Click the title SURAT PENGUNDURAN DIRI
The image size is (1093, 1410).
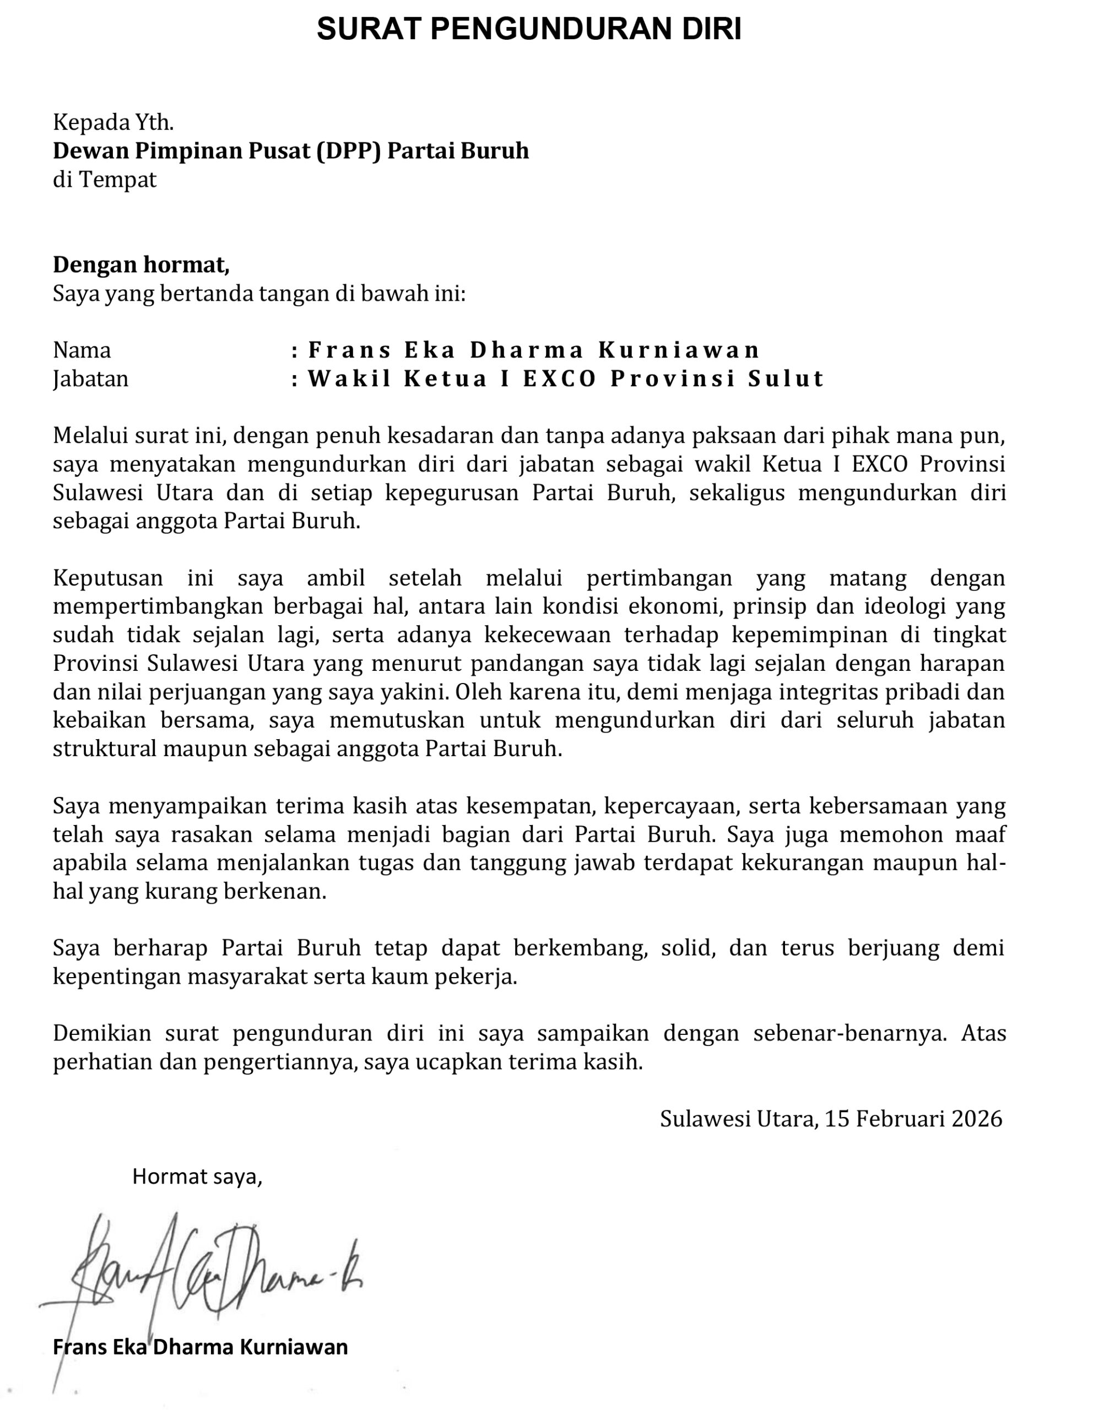(x=529, y=30)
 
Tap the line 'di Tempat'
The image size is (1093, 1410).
(x=105, y=179)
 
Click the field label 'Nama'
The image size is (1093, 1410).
(x=82, y=350)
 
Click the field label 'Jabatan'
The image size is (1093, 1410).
(x=90, y=378)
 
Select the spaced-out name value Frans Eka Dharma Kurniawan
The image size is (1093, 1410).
(x=534, y=350)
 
